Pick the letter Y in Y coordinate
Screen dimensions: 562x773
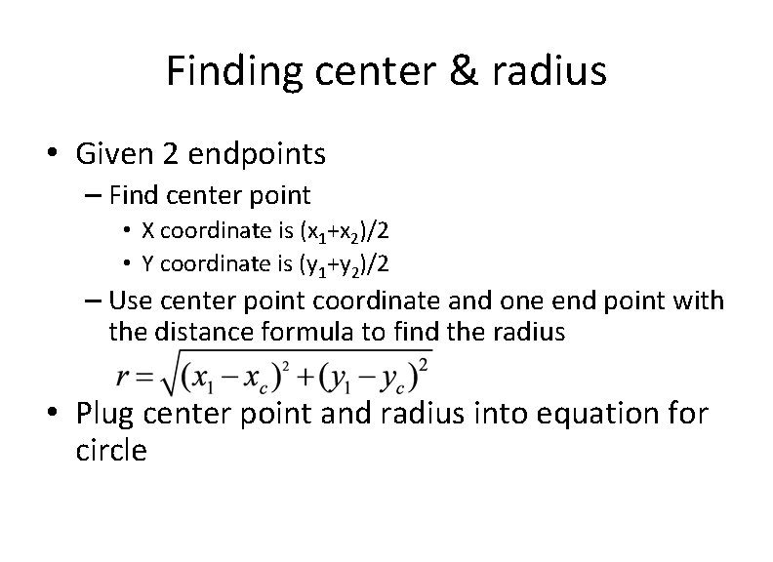(x=147, y=262)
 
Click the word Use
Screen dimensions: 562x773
(x=130, y=300)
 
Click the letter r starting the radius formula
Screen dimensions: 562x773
(x=122, y=377)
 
